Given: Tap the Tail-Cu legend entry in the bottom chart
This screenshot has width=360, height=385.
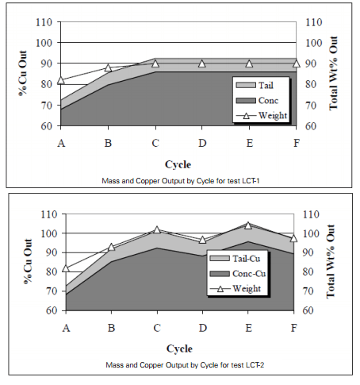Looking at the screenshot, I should tap(235, 259).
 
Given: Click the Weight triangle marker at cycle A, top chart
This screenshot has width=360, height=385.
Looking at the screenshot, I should tap(61, 81).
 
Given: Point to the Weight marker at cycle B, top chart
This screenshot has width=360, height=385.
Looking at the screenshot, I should tap(108, 68).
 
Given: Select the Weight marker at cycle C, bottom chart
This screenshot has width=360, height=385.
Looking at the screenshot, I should tap(155, 229).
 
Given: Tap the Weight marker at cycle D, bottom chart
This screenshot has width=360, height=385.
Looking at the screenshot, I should tap(202, 240).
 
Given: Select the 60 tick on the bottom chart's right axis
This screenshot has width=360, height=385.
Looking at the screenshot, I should tap(309, 310).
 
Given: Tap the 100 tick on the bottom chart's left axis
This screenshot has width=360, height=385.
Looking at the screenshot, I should tap(46, 233).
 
